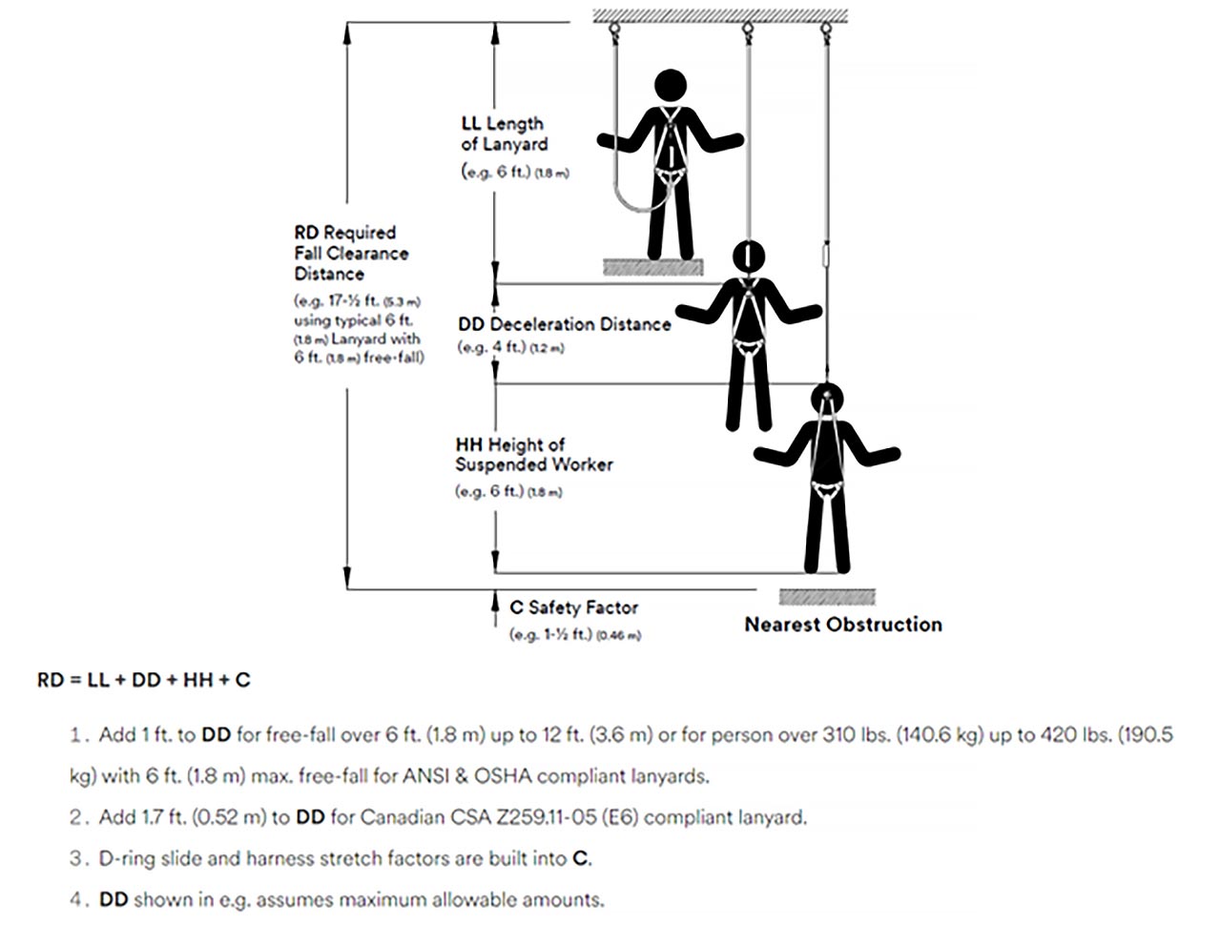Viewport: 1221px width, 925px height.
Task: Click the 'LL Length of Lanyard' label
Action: pyautogui.click(x=503, y=134)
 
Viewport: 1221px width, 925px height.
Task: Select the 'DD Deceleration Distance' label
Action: pyautogui.click(x=564, y=324)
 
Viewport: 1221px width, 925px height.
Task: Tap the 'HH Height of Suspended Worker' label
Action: pyautogui.click(x=533, y=455)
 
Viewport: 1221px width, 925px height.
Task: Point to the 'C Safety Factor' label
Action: pyautogui.click(x=573, y=607)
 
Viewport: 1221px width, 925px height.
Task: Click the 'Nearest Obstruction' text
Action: pyautogui.click(x=842, y=625)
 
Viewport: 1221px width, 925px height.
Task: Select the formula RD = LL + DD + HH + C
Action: pyautogui.click(x=144, y=680)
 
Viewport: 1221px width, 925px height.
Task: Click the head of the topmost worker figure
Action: pyautogui.click(x=671, y=86)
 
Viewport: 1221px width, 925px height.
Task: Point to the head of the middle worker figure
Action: pyautogui.click(x=749, y=257)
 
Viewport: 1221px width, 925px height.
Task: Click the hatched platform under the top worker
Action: pyautogui.click(x=652, y=267)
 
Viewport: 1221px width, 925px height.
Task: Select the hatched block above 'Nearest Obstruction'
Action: pyautogui.click(x=826, y=597)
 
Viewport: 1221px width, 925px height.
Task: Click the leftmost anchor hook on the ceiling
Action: pyautogui.click(x=614, y=30)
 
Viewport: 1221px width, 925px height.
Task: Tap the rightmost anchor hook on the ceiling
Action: pyautogui.click(x=823, y=30)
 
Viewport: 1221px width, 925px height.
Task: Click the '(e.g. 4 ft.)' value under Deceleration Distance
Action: pyautogui.click(x=492, y=347)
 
